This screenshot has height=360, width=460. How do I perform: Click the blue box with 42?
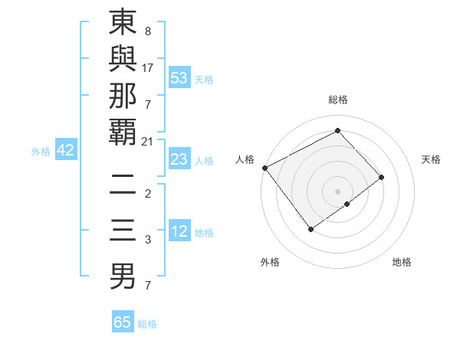(65, 150)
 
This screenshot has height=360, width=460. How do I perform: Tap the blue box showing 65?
(123, 322)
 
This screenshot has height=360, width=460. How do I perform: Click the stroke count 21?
(147, 140)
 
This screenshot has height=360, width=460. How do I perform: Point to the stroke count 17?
(147, 67)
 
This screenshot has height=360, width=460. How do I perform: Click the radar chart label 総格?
(337, 100)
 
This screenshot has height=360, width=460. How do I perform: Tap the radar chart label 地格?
(402, 262)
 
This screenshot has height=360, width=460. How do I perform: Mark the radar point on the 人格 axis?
(264, 168)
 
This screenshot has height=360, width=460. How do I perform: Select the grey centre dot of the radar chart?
(337, 191)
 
